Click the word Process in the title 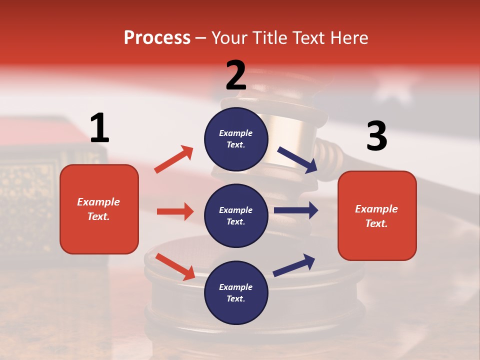tap(157, 38)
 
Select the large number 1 tap(99, 128)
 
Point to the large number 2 tap(236, 75)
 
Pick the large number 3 tap(376, 136)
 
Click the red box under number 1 tap(99, 209)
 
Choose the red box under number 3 tap(377, 215)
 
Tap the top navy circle tap(236, 139)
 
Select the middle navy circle tap(236, 215)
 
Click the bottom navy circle tap(236, 292)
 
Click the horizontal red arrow tap(175, 211)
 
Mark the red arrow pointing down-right tap(175, 266)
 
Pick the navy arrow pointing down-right tap(297, 159)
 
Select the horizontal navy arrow tap(296, 210)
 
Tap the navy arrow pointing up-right tap(294, 265)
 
